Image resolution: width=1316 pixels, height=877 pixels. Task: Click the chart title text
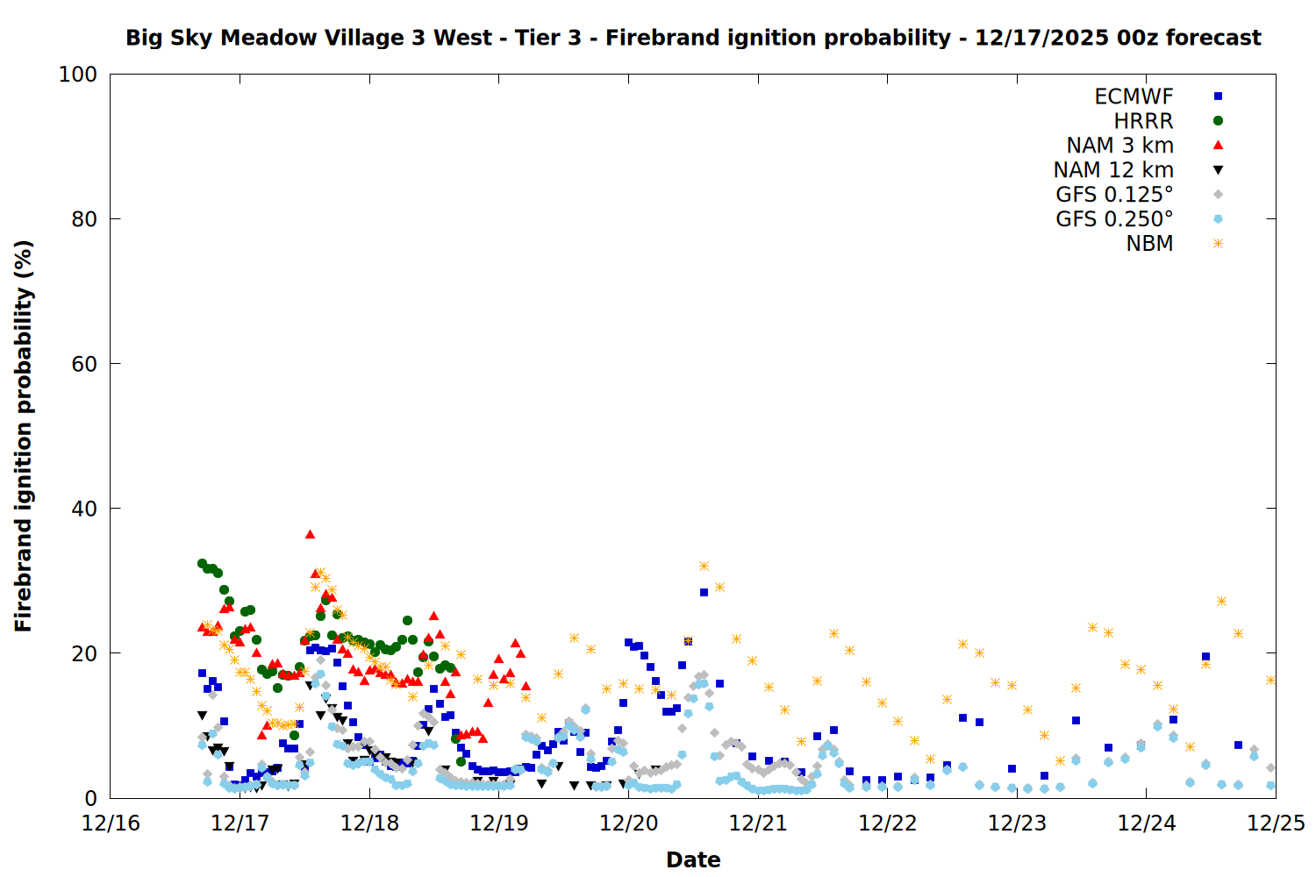tap(693, 38)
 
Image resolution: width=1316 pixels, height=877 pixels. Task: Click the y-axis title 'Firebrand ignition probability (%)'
tap(24, 436)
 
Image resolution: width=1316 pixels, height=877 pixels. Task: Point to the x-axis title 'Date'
tap(693, 859)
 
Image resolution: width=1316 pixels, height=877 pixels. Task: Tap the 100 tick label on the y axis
tap(78, 75)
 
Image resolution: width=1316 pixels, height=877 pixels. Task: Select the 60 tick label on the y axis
tap(83, 364)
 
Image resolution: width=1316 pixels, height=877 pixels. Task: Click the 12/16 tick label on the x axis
tap(111, 824)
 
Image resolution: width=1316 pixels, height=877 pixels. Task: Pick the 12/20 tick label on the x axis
tap(629, 824)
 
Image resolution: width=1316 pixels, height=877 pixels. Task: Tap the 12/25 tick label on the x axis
tap(1276, 824)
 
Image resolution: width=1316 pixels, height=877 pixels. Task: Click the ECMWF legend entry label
tap(1134, 96)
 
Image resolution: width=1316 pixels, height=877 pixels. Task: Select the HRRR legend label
tap(1143, 121)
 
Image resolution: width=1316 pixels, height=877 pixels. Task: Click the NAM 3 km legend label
tap(1119, 146)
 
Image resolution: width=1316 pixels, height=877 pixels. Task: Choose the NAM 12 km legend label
tap(1113, 170)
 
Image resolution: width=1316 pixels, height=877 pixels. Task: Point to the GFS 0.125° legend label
tap(1114, 195)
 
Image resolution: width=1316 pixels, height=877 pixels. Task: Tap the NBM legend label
tap(1149, 244)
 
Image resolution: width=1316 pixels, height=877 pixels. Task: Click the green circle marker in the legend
tap(1218, 121)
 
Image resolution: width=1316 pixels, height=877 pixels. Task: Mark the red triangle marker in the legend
tap(1218, 145)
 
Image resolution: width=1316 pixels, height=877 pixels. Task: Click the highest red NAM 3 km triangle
tap(310, 534)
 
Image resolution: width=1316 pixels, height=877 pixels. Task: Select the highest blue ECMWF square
tap(704, 592)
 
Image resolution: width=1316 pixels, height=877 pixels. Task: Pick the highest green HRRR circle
tap(202, 563)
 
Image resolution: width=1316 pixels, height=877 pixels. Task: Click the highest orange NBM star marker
tap(704, 566)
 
